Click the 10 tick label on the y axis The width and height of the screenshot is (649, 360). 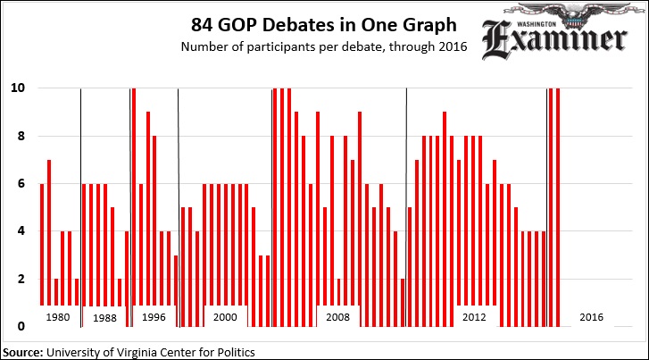point(17,88)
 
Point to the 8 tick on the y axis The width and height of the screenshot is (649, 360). point(20,137)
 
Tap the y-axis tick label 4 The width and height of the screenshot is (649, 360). point(20,231)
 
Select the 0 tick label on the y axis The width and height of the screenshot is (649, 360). point(20,326)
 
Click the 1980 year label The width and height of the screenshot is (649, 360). point(57,317)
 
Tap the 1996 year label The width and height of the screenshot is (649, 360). point(154,317)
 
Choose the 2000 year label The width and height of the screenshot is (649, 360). point(225,317)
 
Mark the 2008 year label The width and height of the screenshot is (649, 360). point(337,317)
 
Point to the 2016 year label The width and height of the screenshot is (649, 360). point(591,317)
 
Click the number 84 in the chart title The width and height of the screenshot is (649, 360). point(203,24)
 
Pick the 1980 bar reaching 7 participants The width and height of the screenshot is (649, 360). point(49,232)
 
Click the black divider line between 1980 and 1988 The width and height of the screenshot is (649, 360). point(81,197)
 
